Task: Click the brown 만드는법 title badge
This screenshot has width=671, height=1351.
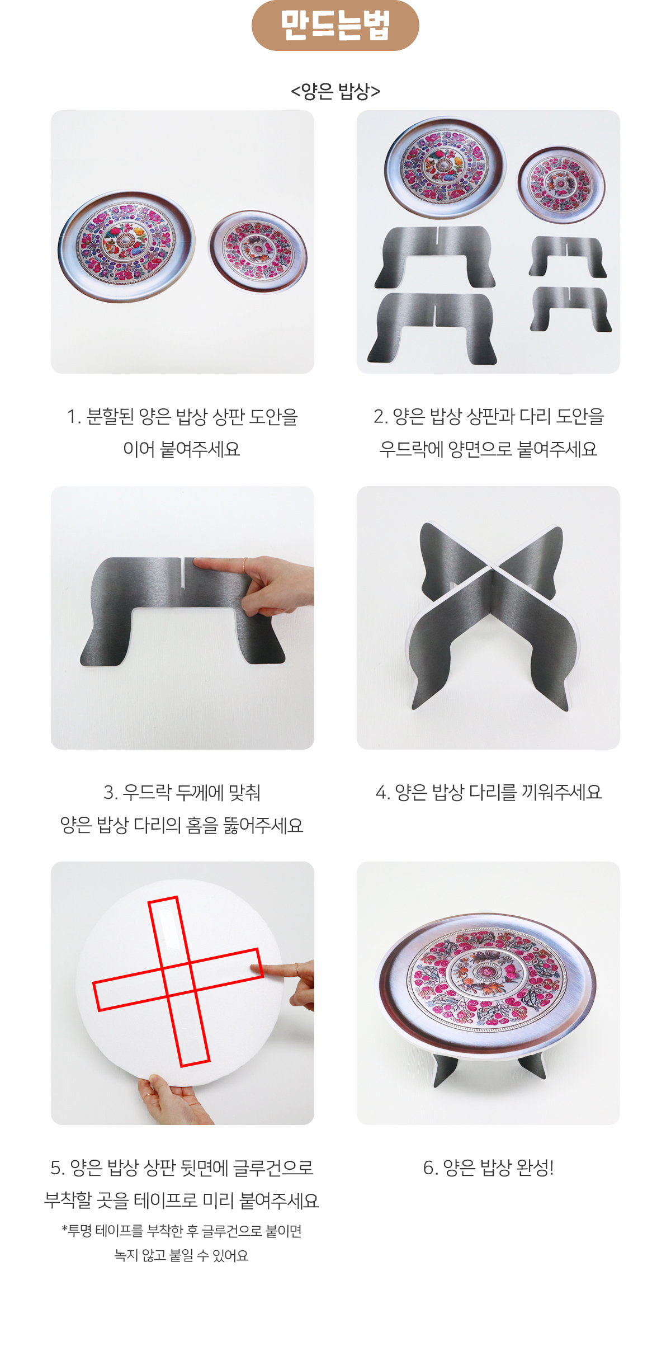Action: coord(335,25)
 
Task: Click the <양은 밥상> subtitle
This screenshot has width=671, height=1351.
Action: coord(335,91)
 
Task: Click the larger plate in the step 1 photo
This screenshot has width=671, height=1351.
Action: coord(127,246)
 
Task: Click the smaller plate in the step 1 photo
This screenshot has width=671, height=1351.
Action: coord(258,251)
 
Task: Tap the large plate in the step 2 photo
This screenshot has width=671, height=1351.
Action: coord(445,167)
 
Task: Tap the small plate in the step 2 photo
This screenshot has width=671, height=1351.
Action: coord(561,184)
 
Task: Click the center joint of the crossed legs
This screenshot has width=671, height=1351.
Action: coord(492,571)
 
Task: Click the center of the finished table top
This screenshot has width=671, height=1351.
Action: coord(486,972)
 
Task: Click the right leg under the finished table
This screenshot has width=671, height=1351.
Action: coord(533,1066)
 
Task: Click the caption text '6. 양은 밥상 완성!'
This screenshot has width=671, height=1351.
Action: coord(488,1167)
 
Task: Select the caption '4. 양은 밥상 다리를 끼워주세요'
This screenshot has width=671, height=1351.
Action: coord(488,792)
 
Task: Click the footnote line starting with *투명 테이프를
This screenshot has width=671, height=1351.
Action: coord(182,1231)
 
